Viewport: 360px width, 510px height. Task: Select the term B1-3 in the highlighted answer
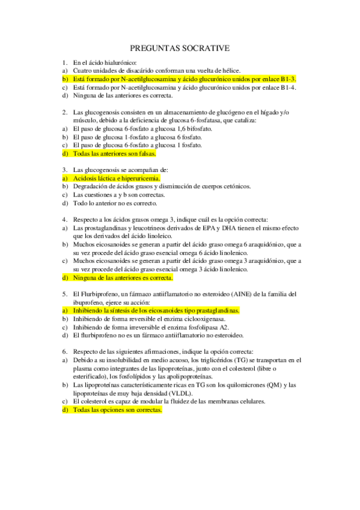point(288,79)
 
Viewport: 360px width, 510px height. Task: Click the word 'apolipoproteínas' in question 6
point(169,376)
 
